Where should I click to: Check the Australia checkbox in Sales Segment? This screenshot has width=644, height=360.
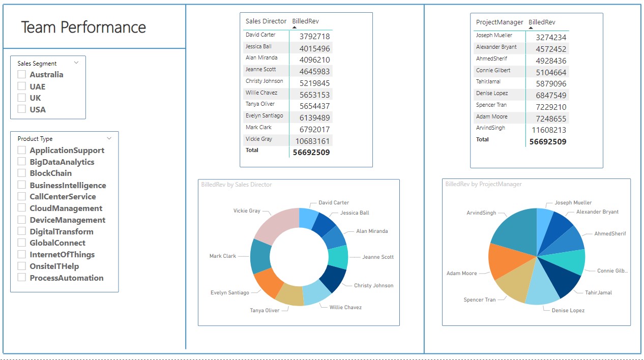coord(22,74)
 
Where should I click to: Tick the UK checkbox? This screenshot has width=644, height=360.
coord(22,98)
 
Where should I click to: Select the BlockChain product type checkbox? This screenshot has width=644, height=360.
coord(22,173)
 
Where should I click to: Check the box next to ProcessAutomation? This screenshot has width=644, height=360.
coord(22,278)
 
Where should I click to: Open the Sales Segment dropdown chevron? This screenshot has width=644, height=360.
coord(76,63)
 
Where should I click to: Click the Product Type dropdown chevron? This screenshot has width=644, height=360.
coord(109,138)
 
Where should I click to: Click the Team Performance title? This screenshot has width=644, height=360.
coord(83,27)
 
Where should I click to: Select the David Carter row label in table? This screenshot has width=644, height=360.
coord(260,35)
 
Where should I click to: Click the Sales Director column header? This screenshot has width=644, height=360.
coord(266,21)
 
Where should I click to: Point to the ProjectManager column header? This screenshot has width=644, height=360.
coord(499,22)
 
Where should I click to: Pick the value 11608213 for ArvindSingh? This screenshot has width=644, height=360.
coord(548,130)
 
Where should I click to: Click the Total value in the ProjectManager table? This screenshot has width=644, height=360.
coord(547,142)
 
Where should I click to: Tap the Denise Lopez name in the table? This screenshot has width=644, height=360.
coord(492,94)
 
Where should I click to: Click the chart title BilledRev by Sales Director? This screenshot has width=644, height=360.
coord(237,185)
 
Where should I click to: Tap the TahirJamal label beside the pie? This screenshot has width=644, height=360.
coord(598,293)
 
